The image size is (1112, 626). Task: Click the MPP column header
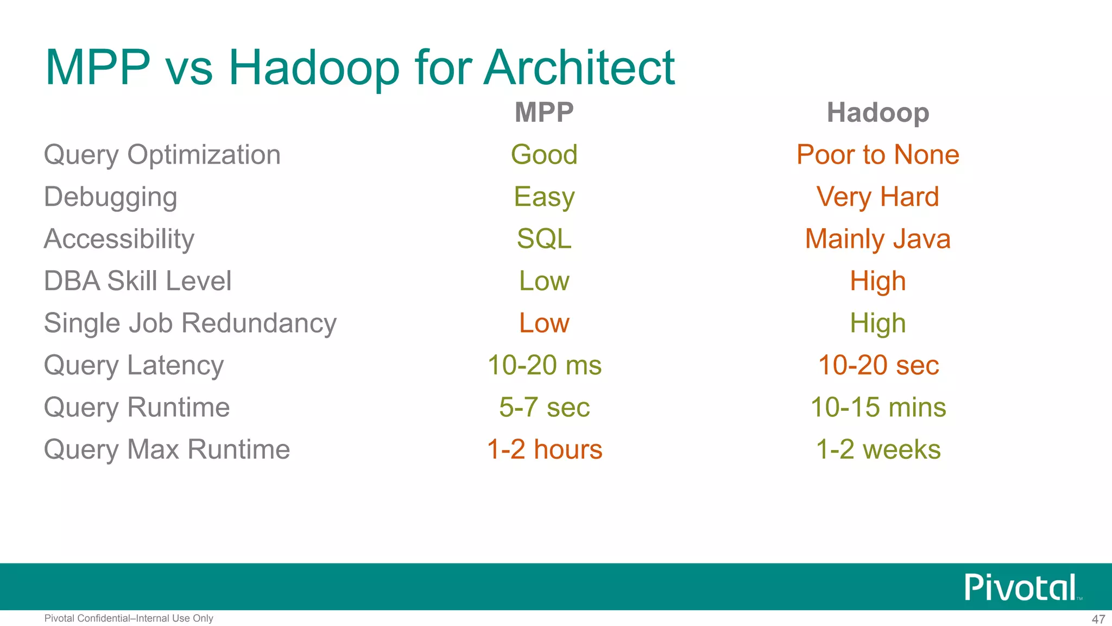(544, 112)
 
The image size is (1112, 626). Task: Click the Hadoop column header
(877, 112)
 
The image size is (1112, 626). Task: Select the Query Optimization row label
(162, 155)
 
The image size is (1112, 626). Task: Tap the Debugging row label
(110, 197)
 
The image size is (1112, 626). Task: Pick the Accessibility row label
(119, 239)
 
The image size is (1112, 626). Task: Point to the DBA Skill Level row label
(137, 281)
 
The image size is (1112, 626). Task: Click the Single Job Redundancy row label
(190, 323)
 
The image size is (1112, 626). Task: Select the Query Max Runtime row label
(167, 449)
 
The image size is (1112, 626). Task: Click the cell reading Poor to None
(877, 155)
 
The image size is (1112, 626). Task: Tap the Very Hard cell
(877, 197)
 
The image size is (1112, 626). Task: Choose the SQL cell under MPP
(544, 239)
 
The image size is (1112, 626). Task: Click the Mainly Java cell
(877, 239)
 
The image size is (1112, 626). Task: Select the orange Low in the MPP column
(544, 323)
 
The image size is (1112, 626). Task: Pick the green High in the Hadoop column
(877, 323)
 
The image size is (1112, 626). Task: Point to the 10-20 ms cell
(544, 365)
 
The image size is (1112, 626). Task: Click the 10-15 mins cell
(877, 408)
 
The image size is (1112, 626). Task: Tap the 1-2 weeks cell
(877, 449)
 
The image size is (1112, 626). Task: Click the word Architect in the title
(579, 68)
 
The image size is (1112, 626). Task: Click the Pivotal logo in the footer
(1021, 587)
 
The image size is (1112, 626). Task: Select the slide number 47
(1098, 619)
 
